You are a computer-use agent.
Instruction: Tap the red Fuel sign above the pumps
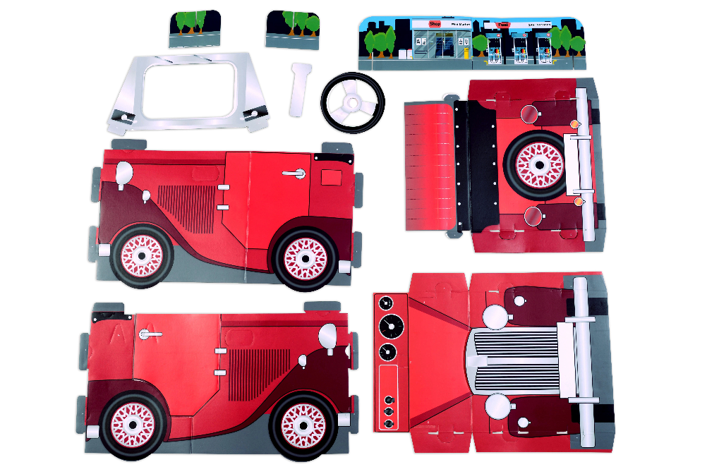click(x=503, y=25)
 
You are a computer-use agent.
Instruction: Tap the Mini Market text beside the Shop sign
click(x=460, y=24)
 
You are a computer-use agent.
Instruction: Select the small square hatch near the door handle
click(x=331, y=176)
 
